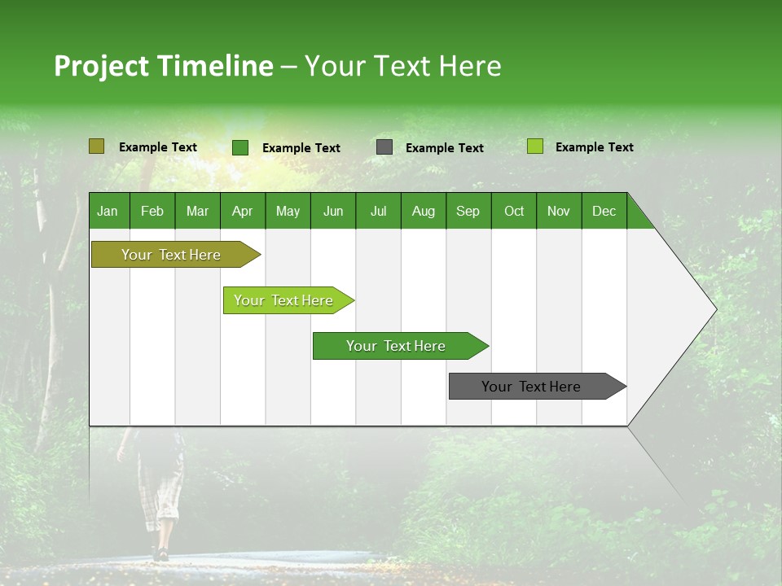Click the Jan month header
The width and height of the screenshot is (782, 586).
click(108, 211)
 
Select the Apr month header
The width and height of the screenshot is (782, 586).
click(242, 211)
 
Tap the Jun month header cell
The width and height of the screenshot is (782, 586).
click(332, 211)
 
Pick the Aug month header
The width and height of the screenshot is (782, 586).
click(423, 211)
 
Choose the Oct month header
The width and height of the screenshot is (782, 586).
click(513, 211)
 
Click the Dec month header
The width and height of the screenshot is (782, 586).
click(604, 211)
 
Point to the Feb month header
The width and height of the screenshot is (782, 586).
click(152, 211)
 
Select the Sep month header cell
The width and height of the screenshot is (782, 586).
click(468, 211)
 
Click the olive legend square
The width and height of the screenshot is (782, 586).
click(96, 146)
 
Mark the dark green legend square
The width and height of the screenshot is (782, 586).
click(239, 147)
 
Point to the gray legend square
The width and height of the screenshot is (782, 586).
click(384, 147)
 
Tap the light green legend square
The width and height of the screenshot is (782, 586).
click(534, 146)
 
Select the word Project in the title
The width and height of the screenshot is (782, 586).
click(101, 66)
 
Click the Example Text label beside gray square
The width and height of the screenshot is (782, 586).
click(444, 148)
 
